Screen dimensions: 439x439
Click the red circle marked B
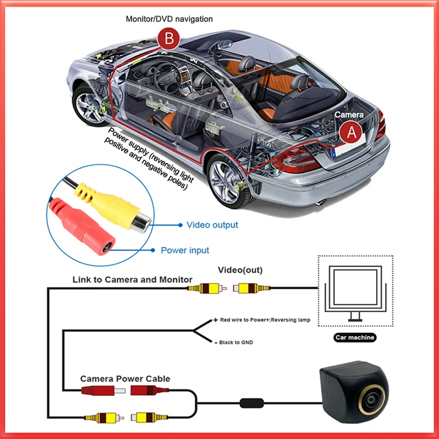coord(168,38)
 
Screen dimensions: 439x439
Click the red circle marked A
coord(351,132)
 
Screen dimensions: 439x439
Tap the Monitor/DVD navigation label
coord(169,19)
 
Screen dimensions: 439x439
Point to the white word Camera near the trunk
coord(349,115)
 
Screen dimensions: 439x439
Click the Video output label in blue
coord(212,225)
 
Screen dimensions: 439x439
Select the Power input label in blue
coord(185,250)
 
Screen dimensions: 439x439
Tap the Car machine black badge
coord(355,337)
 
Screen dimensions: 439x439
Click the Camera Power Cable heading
coord(125,379)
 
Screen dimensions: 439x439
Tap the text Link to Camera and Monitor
coord(132,279)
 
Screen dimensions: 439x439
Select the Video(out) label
coord(240,270)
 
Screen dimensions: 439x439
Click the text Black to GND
coord(236,342)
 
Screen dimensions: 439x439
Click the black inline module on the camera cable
coord(252,403)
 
